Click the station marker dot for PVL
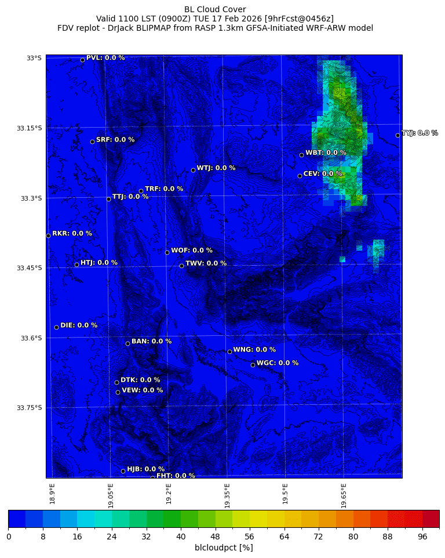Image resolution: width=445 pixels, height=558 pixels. [82, 60]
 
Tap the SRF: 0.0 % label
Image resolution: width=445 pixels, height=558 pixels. [115, 140]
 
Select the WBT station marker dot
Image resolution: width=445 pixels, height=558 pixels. [301, 155]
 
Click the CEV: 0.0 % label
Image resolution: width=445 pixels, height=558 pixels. [323, 173]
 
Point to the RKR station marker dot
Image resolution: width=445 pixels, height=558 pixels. [48, 235]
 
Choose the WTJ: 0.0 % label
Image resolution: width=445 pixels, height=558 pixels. [216, 168]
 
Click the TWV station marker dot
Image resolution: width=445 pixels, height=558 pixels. [181, 266]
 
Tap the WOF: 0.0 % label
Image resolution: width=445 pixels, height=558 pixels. [192, 251]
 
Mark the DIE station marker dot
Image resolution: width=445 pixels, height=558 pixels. [56, 327]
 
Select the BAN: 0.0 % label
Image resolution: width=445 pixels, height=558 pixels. [152, 342]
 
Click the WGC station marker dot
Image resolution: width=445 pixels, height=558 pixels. [253, 365]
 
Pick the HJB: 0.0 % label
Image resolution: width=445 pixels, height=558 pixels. [146, 469]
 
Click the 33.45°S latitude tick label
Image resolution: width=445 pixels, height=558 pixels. [30, 268]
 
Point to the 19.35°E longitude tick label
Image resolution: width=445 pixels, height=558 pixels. [227, 495]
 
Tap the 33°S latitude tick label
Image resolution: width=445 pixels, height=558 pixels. [34, 58]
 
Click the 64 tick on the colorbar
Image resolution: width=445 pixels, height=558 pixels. [284, 537]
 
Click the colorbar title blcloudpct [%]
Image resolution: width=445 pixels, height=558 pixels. [224, 548]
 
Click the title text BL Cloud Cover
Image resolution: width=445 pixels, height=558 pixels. [215, 9]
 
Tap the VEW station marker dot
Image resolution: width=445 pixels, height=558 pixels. [118, 392]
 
